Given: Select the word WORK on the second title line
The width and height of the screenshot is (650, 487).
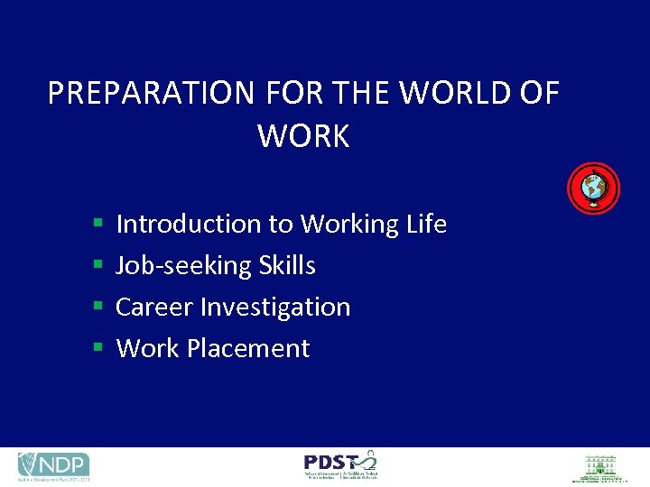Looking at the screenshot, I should pyautogui.click(x=303, y=136).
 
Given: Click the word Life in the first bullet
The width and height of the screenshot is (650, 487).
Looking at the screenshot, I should pyautogui.click(x=426, y=224).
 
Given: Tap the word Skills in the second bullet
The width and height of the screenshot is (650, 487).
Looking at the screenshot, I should pyautogui.click(x=287, y=265).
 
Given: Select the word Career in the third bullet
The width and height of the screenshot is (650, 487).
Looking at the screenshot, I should pyautogui.click(x=154, y=307).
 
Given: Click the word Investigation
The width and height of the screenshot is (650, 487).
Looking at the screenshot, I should pyautogui.click(x=275, y=308).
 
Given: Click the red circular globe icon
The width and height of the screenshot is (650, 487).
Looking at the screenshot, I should pyautogui.click(x=593, y=188).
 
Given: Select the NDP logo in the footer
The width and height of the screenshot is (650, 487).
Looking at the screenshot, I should pyautogui.click(x=53, y=466).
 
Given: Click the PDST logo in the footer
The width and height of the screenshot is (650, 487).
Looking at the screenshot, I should pyautogui.click(x=341, y=465).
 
